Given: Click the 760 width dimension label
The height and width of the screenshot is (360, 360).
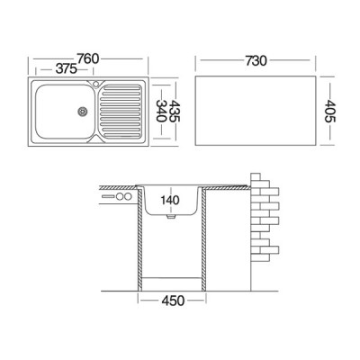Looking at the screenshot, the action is (x=87, y=58).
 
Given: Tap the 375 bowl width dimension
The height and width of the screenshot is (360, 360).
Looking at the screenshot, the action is (x=67, y=69).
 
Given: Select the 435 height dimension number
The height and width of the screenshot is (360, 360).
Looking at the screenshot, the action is (x=174, y=111).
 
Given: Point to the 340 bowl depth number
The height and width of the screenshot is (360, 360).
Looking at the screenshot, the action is (x=161, y=111).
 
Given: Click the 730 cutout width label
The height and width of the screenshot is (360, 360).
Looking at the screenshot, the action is (x=256, y=61).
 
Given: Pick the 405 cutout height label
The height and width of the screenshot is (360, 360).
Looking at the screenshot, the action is (x=330, y=112).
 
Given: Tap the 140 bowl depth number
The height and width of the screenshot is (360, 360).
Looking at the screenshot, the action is (x=170, y=200).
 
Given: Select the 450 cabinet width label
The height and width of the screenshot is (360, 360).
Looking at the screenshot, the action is (x=173, y=301).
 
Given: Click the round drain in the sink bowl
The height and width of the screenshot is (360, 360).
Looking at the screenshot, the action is (x=82, y=112).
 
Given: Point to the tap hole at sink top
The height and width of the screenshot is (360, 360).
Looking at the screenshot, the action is (x=96, y=84).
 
